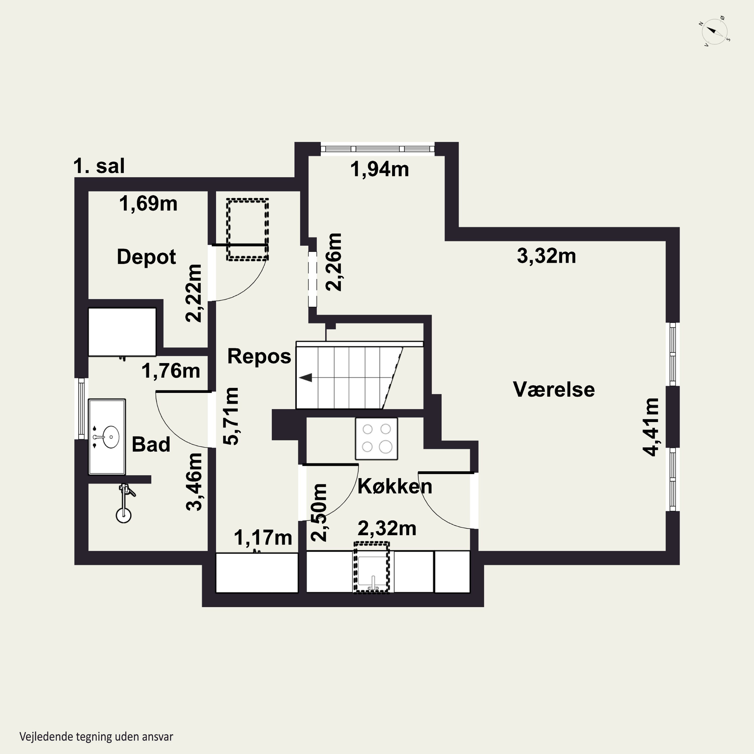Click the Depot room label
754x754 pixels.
click(146, 257)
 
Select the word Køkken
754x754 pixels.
click(395, 486)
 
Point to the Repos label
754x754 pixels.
click(259, 357)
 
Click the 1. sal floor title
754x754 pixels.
click(99, 166)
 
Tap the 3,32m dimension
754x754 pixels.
click(546, 256)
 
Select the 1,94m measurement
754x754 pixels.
click(379, 169)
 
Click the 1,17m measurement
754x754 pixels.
click(263, 538)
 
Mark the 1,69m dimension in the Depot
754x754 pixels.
click(148, 204)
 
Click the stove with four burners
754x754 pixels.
click(376, 439)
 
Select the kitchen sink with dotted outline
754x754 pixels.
click(371, 568)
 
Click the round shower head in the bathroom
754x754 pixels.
click(124, 515)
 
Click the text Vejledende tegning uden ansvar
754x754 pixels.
click(96, 736)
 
